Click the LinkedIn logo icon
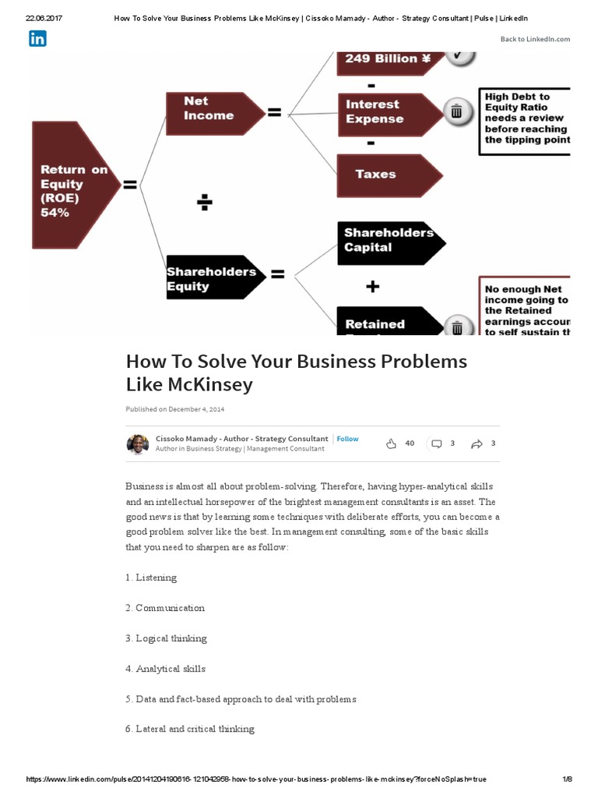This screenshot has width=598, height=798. point(37,38)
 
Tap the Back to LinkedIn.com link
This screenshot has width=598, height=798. point(535,39)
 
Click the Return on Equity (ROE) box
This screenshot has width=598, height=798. point(75,185)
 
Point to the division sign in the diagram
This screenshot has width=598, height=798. point(205,203)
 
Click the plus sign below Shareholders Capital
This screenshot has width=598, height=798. point(373,287)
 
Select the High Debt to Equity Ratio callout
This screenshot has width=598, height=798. point(525,119)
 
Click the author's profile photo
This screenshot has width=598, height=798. point(137,444)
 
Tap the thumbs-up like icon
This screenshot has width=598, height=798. point(391,443)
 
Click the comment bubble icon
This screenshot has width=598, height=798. point(437,444)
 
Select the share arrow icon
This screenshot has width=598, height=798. point(477,444)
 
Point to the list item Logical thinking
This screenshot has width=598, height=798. point(171,638)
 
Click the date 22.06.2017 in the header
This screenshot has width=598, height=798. point(44,17)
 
